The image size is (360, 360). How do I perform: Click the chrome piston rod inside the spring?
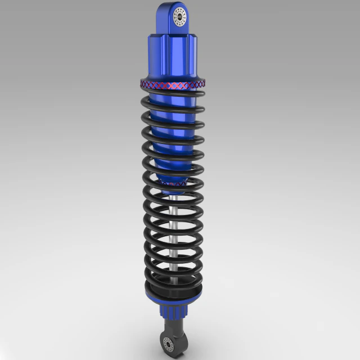[x=175, y=236]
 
